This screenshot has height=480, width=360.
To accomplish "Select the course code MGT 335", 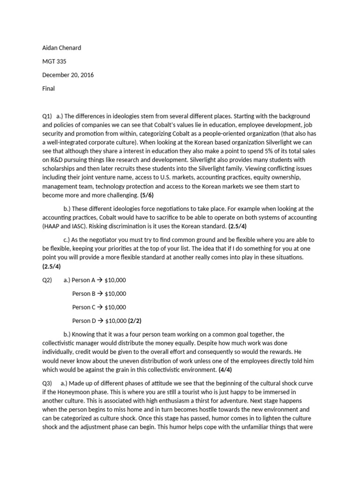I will [x=55, y=61].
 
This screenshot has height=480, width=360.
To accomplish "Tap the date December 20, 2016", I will [x=68, y=75].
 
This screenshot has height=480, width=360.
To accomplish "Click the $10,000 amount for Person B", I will [x=115, y=293].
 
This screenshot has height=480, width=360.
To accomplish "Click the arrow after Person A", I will [x=100, y=280].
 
